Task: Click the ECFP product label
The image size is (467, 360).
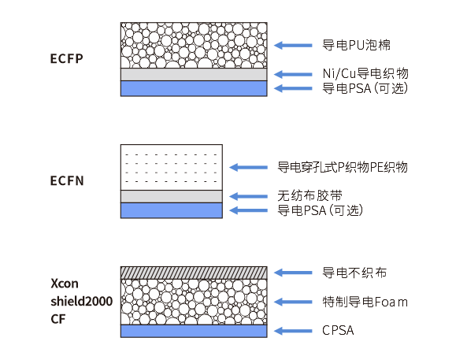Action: [x=66, y=58]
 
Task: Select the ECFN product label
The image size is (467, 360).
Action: [x=67, y=180]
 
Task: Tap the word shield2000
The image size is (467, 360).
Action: [x=81, y=301]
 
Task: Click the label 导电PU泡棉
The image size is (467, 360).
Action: [x=356, y=45]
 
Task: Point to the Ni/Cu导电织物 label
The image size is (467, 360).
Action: [x=365, y=73]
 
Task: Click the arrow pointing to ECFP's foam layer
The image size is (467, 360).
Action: [x=293, y=46]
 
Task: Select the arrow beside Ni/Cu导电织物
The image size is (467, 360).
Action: [x=293, y=74]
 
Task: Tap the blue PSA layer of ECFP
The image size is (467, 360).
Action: [x=194, y=88]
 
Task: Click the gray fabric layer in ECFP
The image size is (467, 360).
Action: [x=194, y=75]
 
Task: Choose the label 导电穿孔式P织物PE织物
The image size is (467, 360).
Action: [x=343, y=167]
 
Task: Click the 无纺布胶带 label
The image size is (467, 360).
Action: [x=309, y=196]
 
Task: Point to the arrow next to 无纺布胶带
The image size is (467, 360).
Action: [x=248, y=196]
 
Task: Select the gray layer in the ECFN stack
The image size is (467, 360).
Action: [x=172, y=196]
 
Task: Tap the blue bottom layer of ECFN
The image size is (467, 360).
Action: [x=172, y=210]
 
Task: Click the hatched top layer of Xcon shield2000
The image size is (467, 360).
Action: [x=194, y=273]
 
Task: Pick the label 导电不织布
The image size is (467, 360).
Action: [x=354, y=273]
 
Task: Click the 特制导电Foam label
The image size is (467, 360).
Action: [x=365, y=302]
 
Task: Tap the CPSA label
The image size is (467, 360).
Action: [x=338, y=330]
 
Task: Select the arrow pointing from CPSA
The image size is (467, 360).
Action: [x=293, y=331]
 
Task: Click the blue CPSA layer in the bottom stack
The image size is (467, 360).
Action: [x=194, y=331]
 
